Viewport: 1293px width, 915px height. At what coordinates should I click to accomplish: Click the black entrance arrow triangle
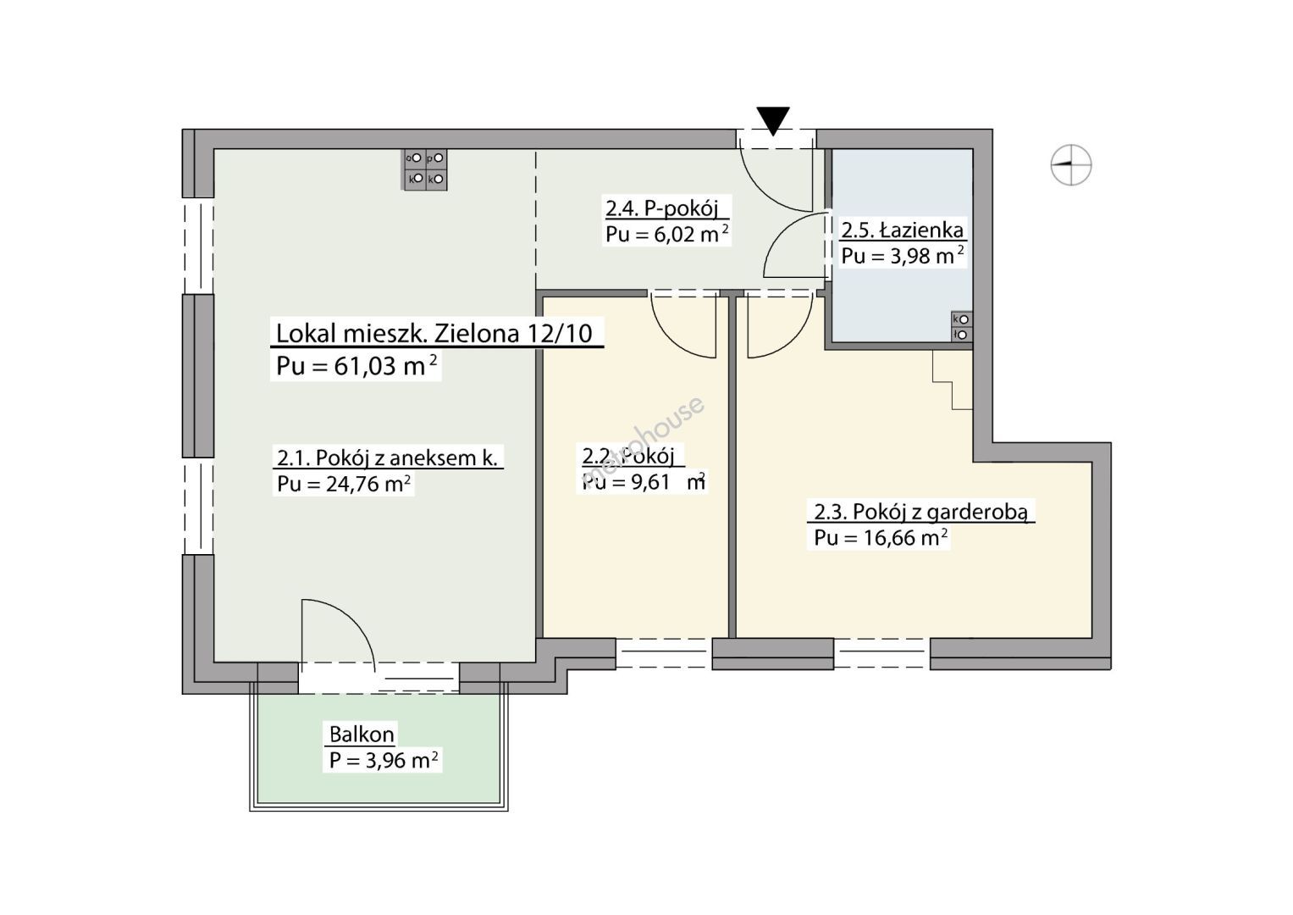pos(773,120)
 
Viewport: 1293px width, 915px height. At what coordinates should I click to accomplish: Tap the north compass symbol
pos(1071,164)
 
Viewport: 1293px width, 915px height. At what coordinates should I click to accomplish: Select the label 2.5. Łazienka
pos(902,230)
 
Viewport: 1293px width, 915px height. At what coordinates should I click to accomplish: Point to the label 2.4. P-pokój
pos(661,208)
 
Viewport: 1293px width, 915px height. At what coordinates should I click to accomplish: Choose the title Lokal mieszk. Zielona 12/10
pos(434,333)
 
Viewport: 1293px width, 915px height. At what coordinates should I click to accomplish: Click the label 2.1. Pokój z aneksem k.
pos(387,458)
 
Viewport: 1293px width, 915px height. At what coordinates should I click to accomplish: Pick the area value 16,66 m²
pos(906,538)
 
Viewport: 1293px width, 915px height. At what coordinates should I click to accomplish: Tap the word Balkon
pos(362,735)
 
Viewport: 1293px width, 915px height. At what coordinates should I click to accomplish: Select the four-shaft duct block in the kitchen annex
pos(425,169)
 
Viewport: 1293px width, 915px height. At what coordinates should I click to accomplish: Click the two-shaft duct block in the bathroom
pos(962,327)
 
